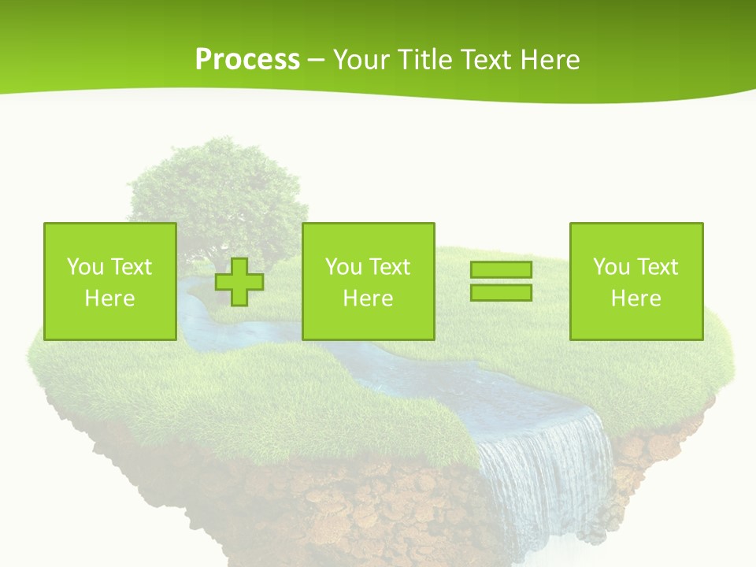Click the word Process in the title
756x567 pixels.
pos(247,60)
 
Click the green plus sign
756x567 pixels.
pos(239,281)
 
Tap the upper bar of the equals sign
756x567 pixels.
pos(501,270)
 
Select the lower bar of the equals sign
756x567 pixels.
pos(501,292)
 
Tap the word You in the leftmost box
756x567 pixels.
pos(85,267)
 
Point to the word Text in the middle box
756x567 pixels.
pos(389,267)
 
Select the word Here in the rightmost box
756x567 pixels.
pos(636,298)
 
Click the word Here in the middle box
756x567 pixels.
pos(369,298)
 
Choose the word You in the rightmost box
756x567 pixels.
pos(611,267)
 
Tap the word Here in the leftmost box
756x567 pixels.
pos(110,298)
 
